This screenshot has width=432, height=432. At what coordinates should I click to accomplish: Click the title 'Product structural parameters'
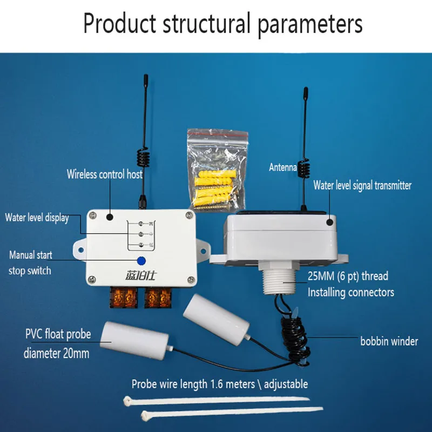point(222,24)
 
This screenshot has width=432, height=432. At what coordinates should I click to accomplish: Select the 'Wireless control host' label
point(105,174)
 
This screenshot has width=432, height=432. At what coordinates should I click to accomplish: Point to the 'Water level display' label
point(37,218)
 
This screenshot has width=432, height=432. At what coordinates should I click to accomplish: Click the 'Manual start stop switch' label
point(30,262)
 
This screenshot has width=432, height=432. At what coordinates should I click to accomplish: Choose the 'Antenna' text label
point(283,167)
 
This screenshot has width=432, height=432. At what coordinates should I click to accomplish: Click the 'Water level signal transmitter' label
point(362,185)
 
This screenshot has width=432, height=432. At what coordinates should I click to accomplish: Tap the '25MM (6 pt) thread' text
point(348,276)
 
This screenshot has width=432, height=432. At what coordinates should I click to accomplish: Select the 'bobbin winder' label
point(389,341)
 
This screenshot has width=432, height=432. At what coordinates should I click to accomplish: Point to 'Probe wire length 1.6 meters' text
point(220,384)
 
